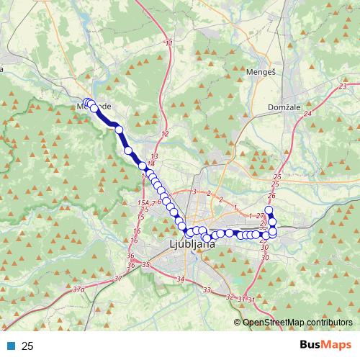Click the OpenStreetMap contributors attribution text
point(296,322)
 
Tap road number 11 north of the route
point(169,45)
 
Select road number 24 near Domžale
point(307,114)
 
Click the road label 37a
point(78,290)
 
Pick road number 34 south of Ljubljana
point(180,279)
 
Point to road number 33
point(207,289)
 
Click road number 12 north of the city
point(165,135)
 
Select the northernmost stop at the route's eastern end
point(269,210)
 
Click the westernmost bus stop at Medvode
point(86,103)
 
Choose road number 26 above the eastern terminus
point(271,195)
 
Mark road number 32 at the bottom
point(230,297)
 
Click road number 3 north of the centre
point(194,192)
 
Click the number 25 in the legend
point(27,346)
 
